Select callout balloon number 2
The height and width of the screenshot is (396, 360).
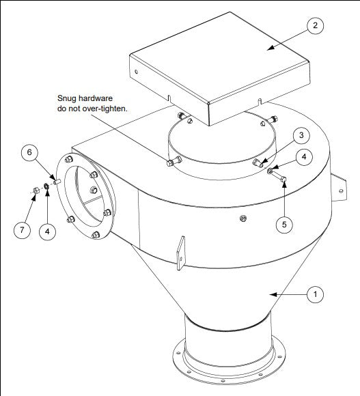click(x=314, y=26)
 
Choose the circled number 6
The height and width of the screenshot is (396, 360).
click(x=31, y=153)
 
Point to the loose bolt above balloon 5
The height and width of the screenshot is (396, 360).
click(x=281, y=179)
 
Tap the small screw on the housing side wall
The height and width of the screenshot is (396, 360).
click(x=243, y=218)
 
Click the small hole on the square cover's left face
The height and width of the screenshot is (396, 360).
click(x=136, y=70)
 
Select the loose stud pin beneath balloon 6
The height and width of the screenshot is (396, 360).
click(x=57, y=182)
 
